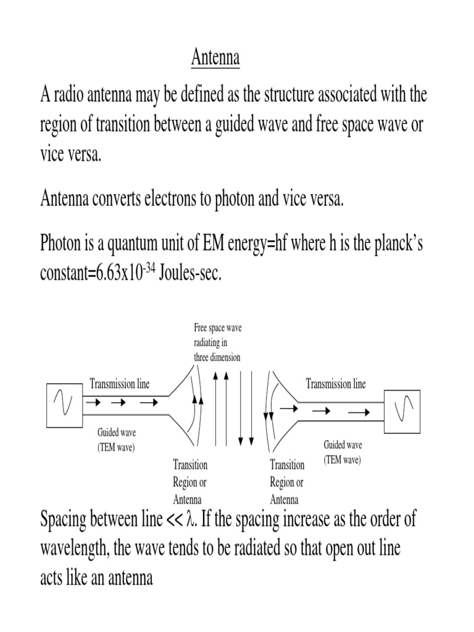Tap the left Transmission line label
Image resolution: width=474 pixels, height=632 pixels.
(120, 384)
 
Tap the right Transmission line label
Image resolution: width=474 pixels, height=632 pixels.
(336, 384)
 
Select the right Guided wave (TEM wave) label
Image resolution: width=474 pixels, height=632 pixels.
(343, 452)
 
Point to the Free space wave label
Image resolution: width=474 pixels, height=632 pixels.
(217, 343)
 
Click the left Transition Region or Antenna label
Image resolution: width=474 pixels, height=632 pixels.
(190, 482)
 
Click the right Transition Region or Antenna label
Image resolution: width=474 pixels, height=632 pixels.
(287, 482)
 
